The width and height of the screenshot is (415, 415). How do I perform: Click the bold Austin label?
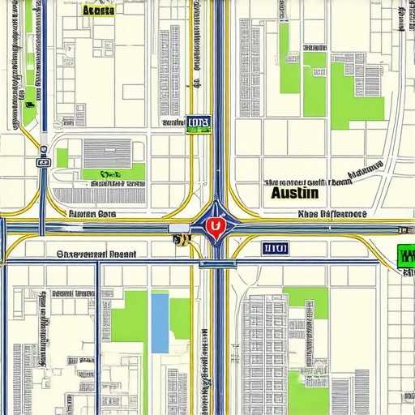295,195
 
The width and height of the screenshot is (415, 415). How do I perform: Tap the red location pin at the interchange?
214,227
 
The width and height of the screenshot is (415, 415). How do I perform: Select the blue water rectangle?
160,323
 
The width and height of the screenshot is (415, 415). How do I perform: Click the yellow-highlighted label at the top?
98,11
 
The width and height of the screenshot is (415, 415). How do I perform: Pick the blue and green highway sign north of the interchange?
198,123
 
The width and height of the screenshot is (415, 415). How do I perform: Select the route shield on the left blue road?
42,162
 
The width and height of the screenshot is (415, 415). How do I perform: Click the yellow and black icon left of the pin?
178,240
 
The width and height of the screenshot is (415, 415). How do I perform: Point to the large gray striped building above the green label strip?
106,153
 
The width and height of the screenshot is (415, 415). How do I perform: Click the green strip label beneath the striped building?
113,173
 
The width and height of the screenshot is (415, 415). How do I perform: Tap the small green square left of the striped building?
62,157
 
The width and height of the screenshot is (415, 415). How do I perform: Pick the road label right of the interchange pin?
332,215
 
